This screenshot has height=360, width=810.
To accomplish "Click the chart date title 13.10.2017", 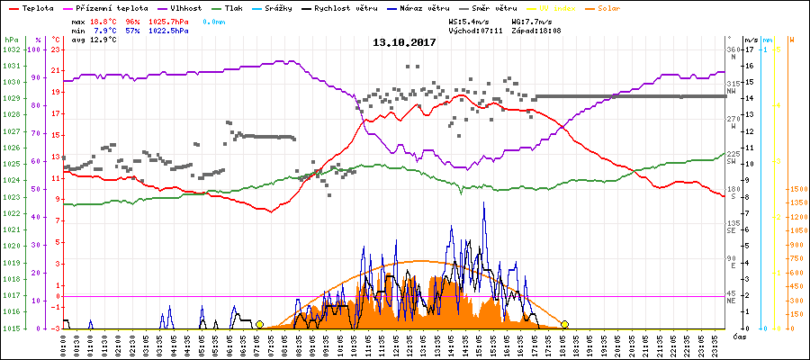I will [404, 42].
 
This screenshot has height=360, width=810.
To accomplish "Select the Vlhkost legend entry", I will [185, 7].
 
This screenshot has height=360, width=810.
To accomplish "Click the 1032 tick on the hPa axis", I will [11, 49].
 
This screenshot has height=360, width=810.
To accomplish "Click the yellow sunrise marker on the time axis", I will [259, 324].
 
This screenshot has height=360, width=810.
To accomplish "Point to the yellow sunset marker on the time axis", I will [564, 324].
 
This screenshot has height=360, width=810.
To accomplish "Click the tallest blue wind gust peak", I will [484, 203].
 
